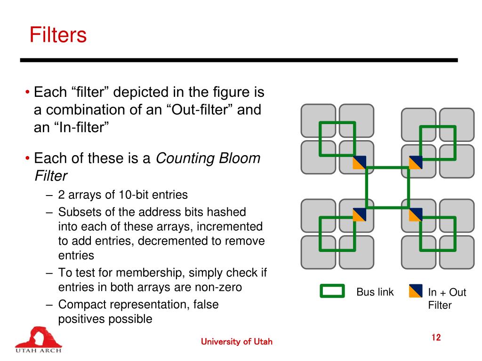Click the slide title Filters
[x=58, y=35]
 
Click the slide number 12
[x=436, y=337]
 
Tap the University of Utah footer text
[x=236, y=342]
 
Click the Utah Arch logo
[x=38, y=339]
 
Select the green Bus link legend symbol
[x=332, y=291]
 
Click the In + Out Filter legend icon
[x=415, y=291]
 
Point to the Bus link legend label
[x=375, y=292]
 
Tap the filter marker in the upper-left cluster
[x=360, y=162]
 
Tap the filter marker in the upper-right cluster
[x=416, y=162]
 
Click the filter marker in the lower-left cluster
[x=360, y=214]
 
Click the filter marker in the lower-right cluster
[x=416, y=214]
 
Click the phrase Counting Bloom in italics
[x=208, y=158]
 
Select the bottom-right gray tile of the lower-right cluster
[x=457, y=252]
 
